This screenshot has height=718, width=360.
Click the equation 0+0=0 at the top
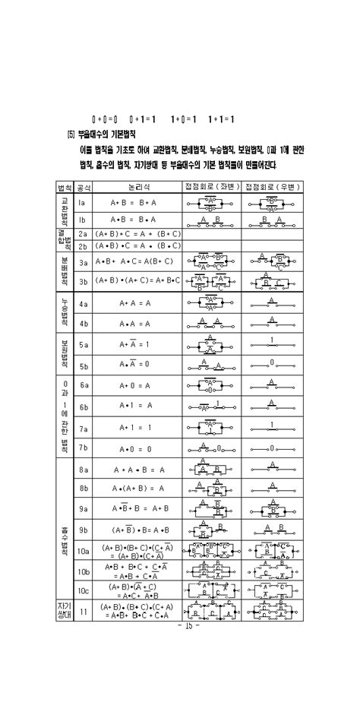[x=105, y=119]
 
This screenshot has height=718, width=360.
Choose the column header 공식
[x=84, y=187]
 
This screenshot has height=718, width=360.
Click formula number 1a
[x=83, y=203]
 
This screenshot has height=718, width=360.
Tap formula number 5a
[x=84, y=344]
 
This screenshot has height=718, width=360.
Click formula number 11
[x=84, y=610]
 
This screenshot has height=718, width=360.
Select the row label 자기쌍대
[x=64, y=610]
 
